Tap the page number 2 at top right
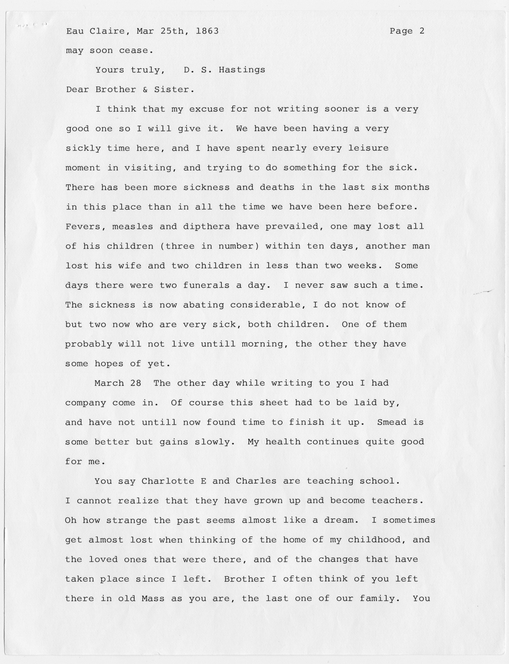pos(422,31)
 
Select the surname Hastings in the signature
pos(242,70)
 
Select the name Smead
pos(392,422)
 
